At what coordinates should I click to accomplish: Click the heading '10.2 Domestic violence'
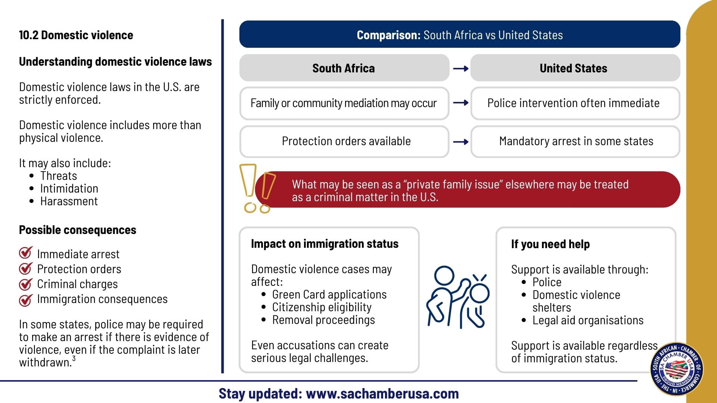[x=76, y=35]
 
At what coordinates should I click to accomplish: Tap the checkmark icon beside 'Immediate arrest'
[x=26, y=253]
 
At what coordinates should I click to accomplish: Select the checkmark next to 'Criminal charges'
[x=26, y=284]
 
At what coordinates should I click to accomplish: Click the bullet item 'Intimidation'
[x=69, y=188]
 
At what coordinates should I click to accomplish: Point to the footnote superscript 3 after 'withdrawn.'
[x=74, y=359]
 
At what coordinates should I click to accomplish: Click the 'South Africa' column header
[x=344, y=68]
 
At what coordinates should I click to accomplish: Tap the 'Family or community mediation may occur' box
[x=344, y=103]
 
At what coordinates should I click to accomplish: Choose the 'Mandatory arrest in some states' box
[x=575, y=141]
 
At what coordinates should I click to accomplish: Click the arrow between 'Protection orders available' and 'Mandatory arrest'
[x=460, y=142]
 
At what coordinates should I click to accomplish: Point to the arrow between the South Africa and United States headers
[x=460, y=68]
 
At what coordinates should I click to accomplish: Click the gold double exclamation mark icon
[x=257, y=188]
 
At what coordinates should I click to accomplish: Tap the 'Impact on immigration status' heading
[x=325, y=244]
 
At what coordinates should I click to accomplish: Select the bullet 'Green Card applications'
[x=329, y=294]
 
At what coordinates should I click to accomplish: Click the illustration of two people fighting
[x=458, y=297]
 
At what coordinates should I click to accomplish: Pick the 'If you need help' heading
[x=550, y=244]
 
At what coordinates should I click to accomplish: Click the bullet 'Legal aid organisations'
[x=588, y=320]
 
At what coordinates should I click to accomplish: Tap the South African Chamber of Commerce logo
[x=677, y=369]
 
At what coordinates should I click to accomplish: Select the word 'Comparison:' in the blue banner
[x=389, y=35]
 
